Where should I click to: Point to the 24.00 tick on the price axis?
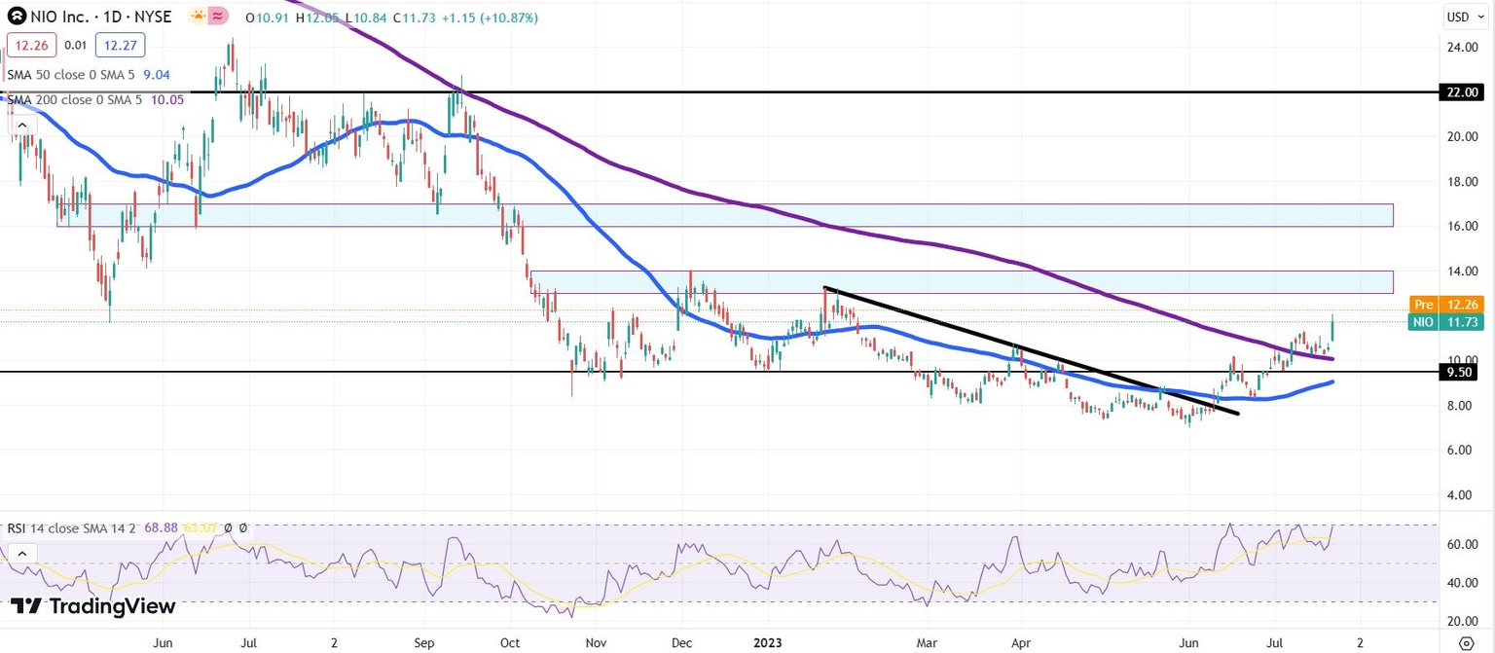(x=1463, y=47)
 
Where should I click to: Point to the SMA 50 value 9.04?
(x=157, y=73)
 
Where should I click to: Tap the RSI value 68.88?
(x=158, y=527)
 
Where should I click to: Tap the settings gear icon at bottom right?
(x=1467, y=642)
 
